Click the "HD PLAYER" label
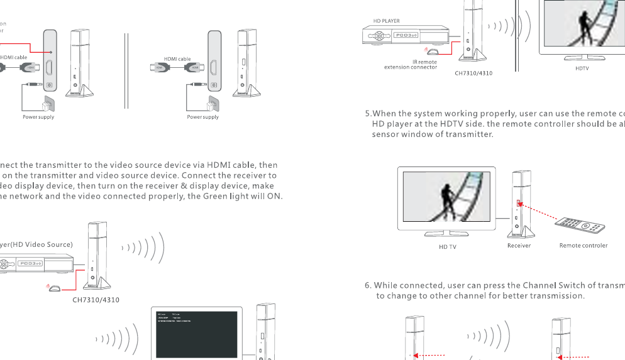pyautogui.click(x=386, y=21)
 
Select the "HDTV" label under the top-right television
pyautogui.click(x=582, y=68)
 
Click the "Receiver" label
pyautogui.click(x=519, y=246)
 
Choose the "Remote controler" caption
pyautogui.click(x=583, y=246)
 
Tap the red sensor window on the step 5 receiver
pyautogui.click(x=518, y=204)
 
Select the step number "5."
pyautogui.click(x=368, y=114)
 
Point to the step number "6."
pyautogui.click(x=368, y=285)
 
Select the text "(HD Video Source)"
pyautogui.click(x=43, y=244)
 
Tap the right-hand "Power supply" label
pyautogui.click(x=203, y=117)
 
